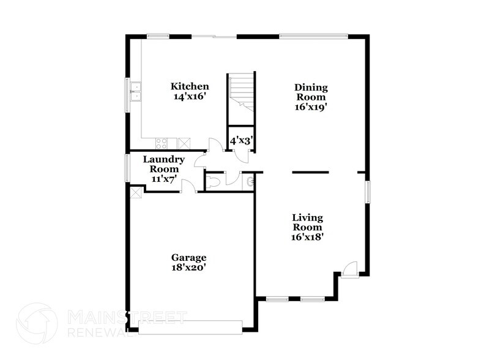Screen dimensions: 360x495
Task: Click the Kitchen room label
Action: [x=190, y=86]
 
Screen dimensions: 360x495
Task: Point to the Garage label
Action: [x=188, y=258]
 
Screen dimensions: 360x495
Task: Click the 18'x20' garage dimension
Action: [x=188, y=268]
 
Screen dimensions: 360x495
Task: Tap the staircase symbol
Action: [x=240, y=92]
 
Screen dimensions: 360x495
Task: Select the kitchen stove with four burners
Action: [x=162, y=143]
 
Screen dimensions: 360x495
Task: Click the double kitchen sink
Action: [x=135, y=92]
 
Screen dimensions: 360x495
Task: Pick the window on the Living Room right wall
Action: [x=368, y=191]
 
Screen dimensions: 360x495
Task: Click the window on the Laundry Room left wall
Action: [x=127, y=167]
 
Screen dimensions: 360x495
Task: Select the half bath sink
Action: [x=250, y=182]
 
